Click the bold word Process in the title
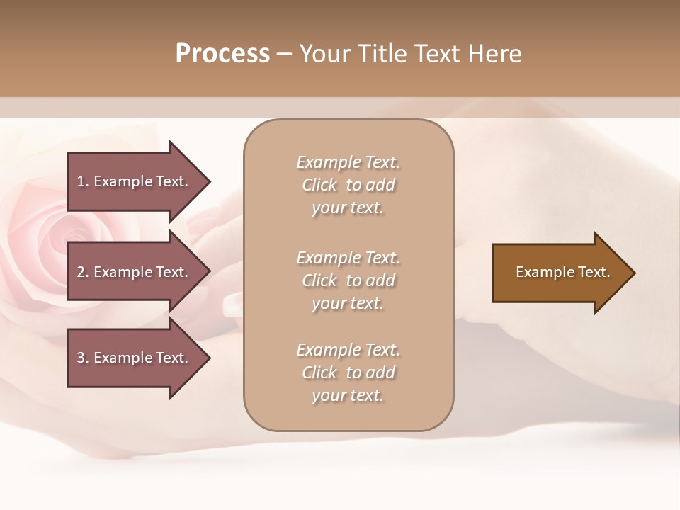click(x=222, y=54)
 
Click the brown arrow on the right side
click(x=560, y=273)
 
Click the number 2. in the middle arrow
click(x=83, y=272)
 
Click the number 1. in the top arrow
click(x=83, y=181)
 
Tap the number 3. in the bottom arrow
click(x=83, y=358)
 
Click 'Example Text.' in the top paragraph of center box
click(x=348, y=162)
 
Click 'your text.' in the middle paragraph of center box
click(x=348, y=303)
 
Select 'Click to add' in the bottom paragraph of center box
click(x=348, y=373)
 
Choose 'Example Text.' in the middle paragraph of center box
click(x=348, y=258)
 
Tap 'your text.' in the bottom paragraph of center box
click(x=348, y=395)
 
